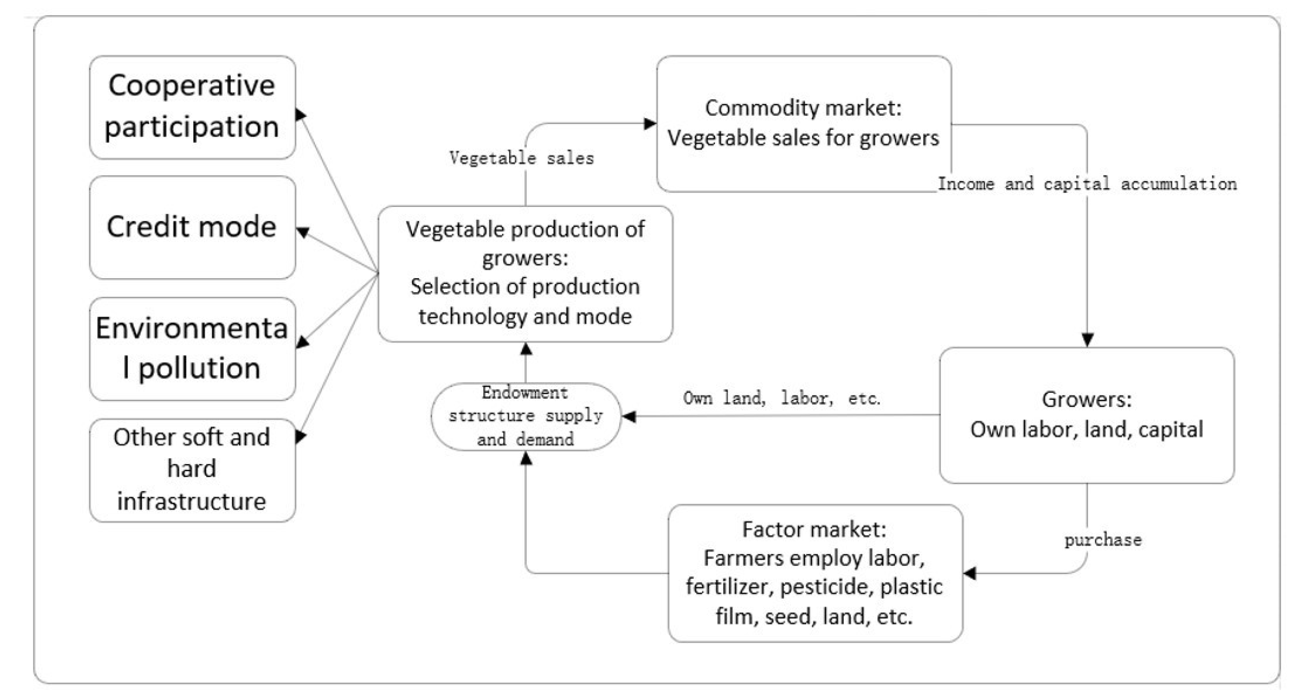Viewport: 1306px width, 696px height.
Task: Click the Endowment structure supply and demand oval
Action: point(526,416)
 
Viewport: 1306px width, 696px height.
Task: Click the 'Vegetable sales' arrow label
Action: point(521,158)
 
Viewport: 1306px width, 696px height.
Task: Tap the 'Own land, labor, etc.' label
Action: point(781,398)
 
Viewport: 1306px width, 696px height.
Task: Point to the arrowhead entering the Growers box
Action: point(1087,339)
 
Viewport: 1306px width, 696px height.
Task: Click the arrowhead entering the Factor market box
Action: point(969,573)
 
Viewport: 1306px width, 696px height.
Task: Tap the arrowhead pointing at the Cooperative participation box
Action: point(301,115)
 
